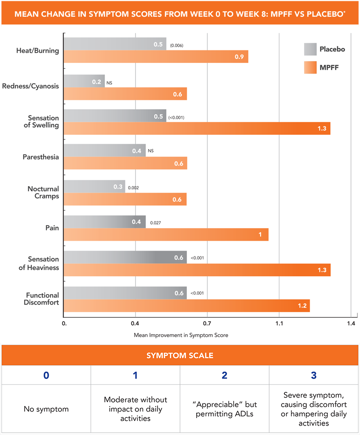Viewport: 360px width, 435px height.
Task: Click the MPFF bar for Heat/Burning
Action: coord(156,57)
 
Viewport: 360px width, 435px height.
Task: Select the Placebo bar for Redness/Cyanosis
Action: coord(84,81)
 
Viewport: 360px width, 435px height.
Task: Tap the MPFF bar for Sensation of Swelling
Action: coord(197,128)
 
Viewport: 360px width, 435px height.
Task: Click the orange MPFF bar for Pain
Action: coord(166,234)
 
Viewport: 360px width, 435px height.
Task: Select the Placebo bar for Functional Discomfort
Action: coord(125,293)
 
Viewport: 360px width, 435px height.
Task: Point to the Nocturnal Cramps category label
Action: coord(43,193)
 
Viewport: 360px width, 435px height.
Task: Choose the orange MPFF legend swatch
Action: coord(310,68)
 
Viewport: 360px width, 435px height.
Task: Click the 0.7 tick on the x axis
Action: coord(207,323)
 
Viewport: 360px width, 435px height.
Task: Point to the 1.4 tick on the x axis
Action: coord(351,323)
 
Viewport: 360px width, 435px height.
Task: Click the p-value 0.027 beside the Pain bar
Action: coord(156,222)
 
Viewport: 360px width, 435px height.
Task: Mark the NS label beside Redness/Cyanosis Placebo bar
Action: coord(109,83)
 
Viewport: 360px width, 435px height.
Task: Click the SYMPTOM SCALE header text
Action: coord(180,355)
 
